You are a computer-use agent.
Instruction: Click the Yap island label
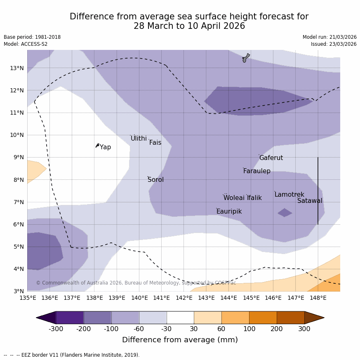click(x=106, y=147)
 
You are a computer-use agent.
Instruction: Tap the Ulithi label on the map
click(x=139, y=139)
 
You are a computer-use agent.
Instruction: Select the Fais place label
click(x=155, y=143)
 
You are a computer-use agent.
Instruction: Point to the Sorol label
click(x=155, y=180)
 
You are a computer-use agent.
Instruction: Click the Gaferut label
click(x=271, y=158)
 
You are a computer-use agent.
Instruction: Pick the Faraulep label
click(x=256, y=171)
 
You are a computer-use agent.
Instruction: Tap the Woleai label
click(x=234, y=198)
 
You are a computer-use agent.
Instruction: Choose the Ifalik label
click(x=254, y=198)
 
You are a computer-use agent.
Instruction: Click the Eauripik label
click(x=229, y=212)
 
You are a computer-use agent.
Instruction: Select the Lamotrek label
click(x=289, y=195)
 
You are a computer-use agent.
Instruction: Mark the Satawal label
click(x=310, y=201)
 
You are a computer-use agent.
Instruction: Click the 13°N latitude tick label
click(x=16, y=68)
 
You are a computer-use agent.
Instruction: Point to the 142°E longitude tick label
click(x=184, y=298)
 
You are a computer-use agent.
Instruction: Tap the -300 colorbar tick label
click(x=56, y=329)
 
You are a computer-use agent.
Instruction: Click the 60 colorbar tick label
click(x=221, y=329)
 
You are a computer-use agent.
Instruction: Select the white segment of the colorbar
click(x=180, y=318)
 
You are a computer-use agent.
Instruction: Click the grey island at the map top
click(x=246, y=58)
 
